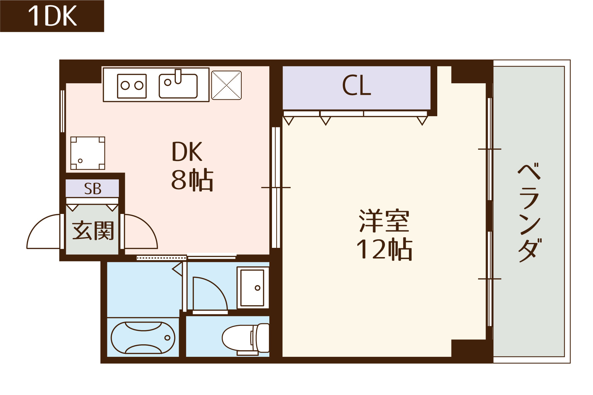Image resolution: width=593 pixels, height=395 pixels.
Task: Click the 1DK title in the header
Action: click(x=52, y=16)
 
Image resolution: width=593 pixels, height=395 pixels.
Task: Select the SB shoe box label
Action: click(x=93, y=189)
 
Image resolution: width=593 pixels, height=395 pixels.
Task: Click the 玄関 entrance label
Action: click(x=93, y=230)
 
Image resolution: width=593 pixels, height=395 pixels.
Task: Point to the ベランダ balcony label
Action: click(x=529, y=212)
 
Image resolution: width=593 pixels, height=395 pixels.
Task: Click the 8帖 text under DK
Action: click(x=192, y=180)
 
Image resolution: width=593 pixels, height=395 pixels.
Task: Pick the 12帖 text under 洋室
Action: click(x=384, y=250)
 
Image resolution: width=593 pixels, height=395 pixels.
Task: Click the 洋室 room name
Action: click(x=384, y=221)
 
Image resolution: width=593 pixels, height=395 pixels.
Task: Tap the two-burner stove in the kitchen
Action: click(x=132, y=86)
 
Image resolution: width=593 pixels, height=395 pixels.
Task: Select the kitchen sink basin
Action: click(x=178, y=86)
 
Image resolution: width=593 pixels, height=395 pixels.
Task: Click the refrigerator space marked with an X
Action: click(x=226, y=85)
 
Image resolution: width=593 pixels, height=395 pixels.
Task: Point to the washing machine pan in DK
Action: click(x=88, y=153)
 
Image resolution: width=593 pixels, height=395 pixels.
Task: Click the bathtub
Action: click(x=143, y=338)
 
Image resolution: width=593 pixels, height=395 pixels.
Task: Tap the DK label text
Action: click(x=187, y=152)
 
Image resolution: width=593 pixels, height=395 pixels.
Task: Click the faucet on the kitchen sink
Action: click(x=178, y=76)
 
